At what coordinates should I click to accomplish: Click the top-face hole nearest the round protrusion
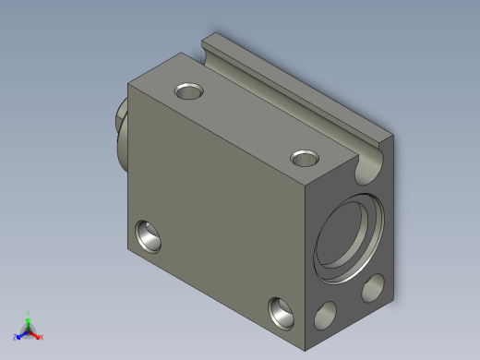189,91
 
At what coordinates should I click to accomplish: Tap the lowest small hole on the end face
326,317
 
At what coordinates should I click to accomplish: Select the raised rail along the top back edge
295,92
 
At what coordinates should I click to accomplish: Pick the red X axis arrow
36,335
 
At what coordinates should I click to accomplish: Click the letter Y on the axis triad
29,313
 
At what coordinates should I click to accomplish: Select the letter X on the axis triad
42,337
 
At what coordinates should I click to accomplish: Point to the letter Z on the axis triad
15,338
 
